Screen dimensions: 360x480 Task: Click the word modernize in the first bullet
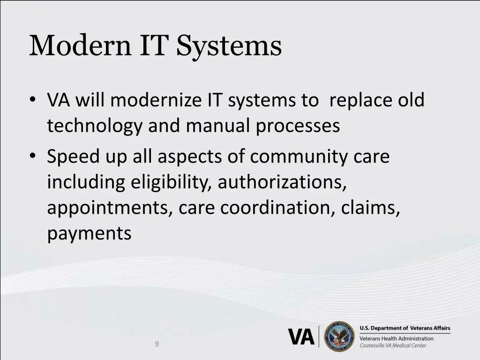(150, 100)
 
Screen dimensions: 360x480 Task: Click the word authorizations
(282, 182)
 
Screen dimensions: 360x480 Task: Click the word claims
(371, 207)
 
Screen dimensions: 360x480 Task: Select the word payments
(89, 233)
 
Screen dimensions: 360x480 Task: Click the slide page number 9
(157, 344)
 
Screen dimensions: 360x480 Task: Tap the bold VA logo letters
(301, 337)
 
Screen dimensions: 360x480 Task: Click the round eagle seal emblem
(339, 336)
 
